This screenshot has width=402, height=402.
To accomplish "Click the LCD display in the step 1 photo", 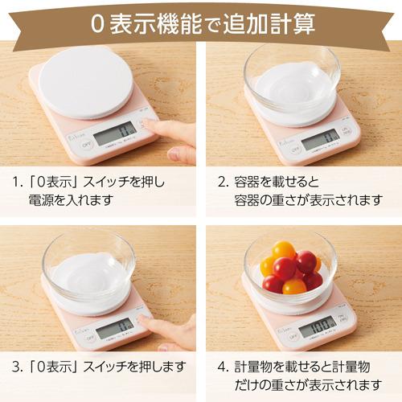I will (113, 132).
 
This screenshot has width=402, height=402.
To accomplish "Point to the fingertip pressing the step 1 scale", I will (152, 125).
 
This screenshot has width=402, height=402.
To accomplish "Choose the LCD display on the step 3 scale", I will (114, 327).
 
